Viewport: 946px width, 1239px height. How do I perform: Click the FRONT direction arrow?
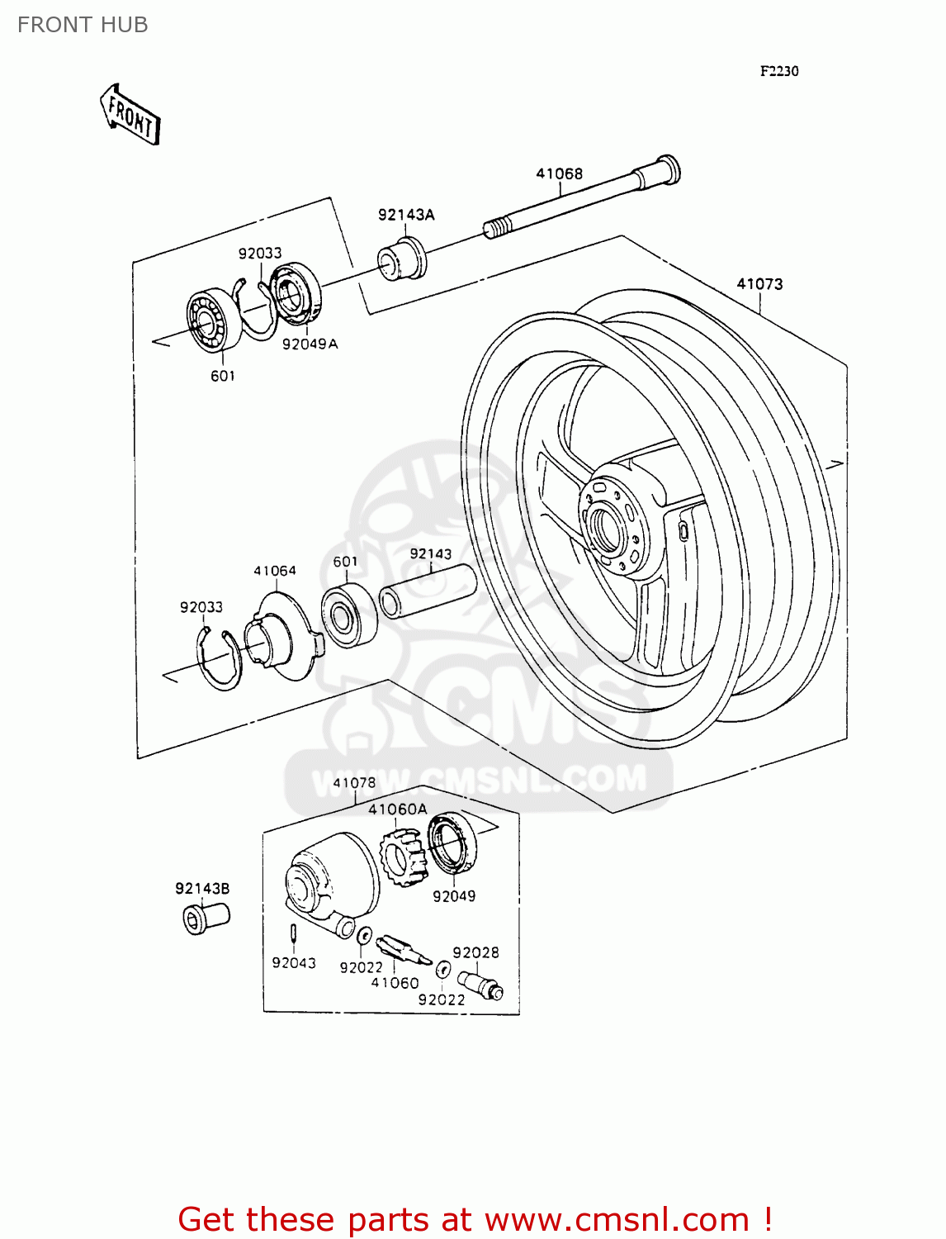pyautogui.click(x=130, y=115)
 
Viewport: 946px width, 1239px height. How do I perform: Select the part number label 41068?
pyautogui.click(x=559, y=173)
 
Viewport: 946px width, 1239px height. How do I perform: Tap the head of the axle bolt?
pyautogui.click(x=668, y=169)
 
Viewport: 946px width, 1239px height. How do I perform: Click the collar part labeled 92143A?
pyautogui.click(x=403, y=259)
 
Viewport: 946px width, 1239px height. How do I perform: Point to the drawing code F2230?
pyautogui.click(x=778, y=71)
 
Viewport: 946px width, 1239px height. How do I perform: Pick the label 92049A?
pyautogui.click(x=310, y=344)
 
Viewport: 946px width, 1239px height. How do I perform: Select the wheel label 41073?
pyautogui.click(x=759, y=284)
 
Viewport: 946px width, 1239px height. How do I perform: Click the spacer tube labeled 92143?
pyautogui.click(x=428, y=591)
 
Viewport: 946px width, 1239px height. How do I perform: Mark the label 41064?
pyautogui.click(x=274, y=571)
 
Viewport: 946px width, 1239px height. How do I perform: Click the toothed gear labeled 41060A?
pyautogui.click(x=404, y=857)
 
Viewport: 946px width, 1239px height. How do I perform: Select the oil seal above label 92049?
pyautogui.click(x=453, y=843)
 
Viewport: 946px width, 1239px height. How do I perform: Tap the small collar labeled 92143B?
pyautogui.click(x=205, y=918)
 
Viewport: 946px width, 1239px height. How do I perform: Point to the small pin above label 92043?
pyautogui.click(x=293, y=933)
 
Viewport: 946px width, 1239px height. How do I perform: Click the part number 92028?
pyautogui.click(x=475, y=952)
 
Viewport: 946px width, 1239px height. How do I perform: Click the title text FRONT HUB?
pyautogui.click(x=83, y=25)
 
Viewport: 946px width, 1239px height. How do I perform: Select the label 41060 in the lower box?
pyautogui.click(x=395, y=983)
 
